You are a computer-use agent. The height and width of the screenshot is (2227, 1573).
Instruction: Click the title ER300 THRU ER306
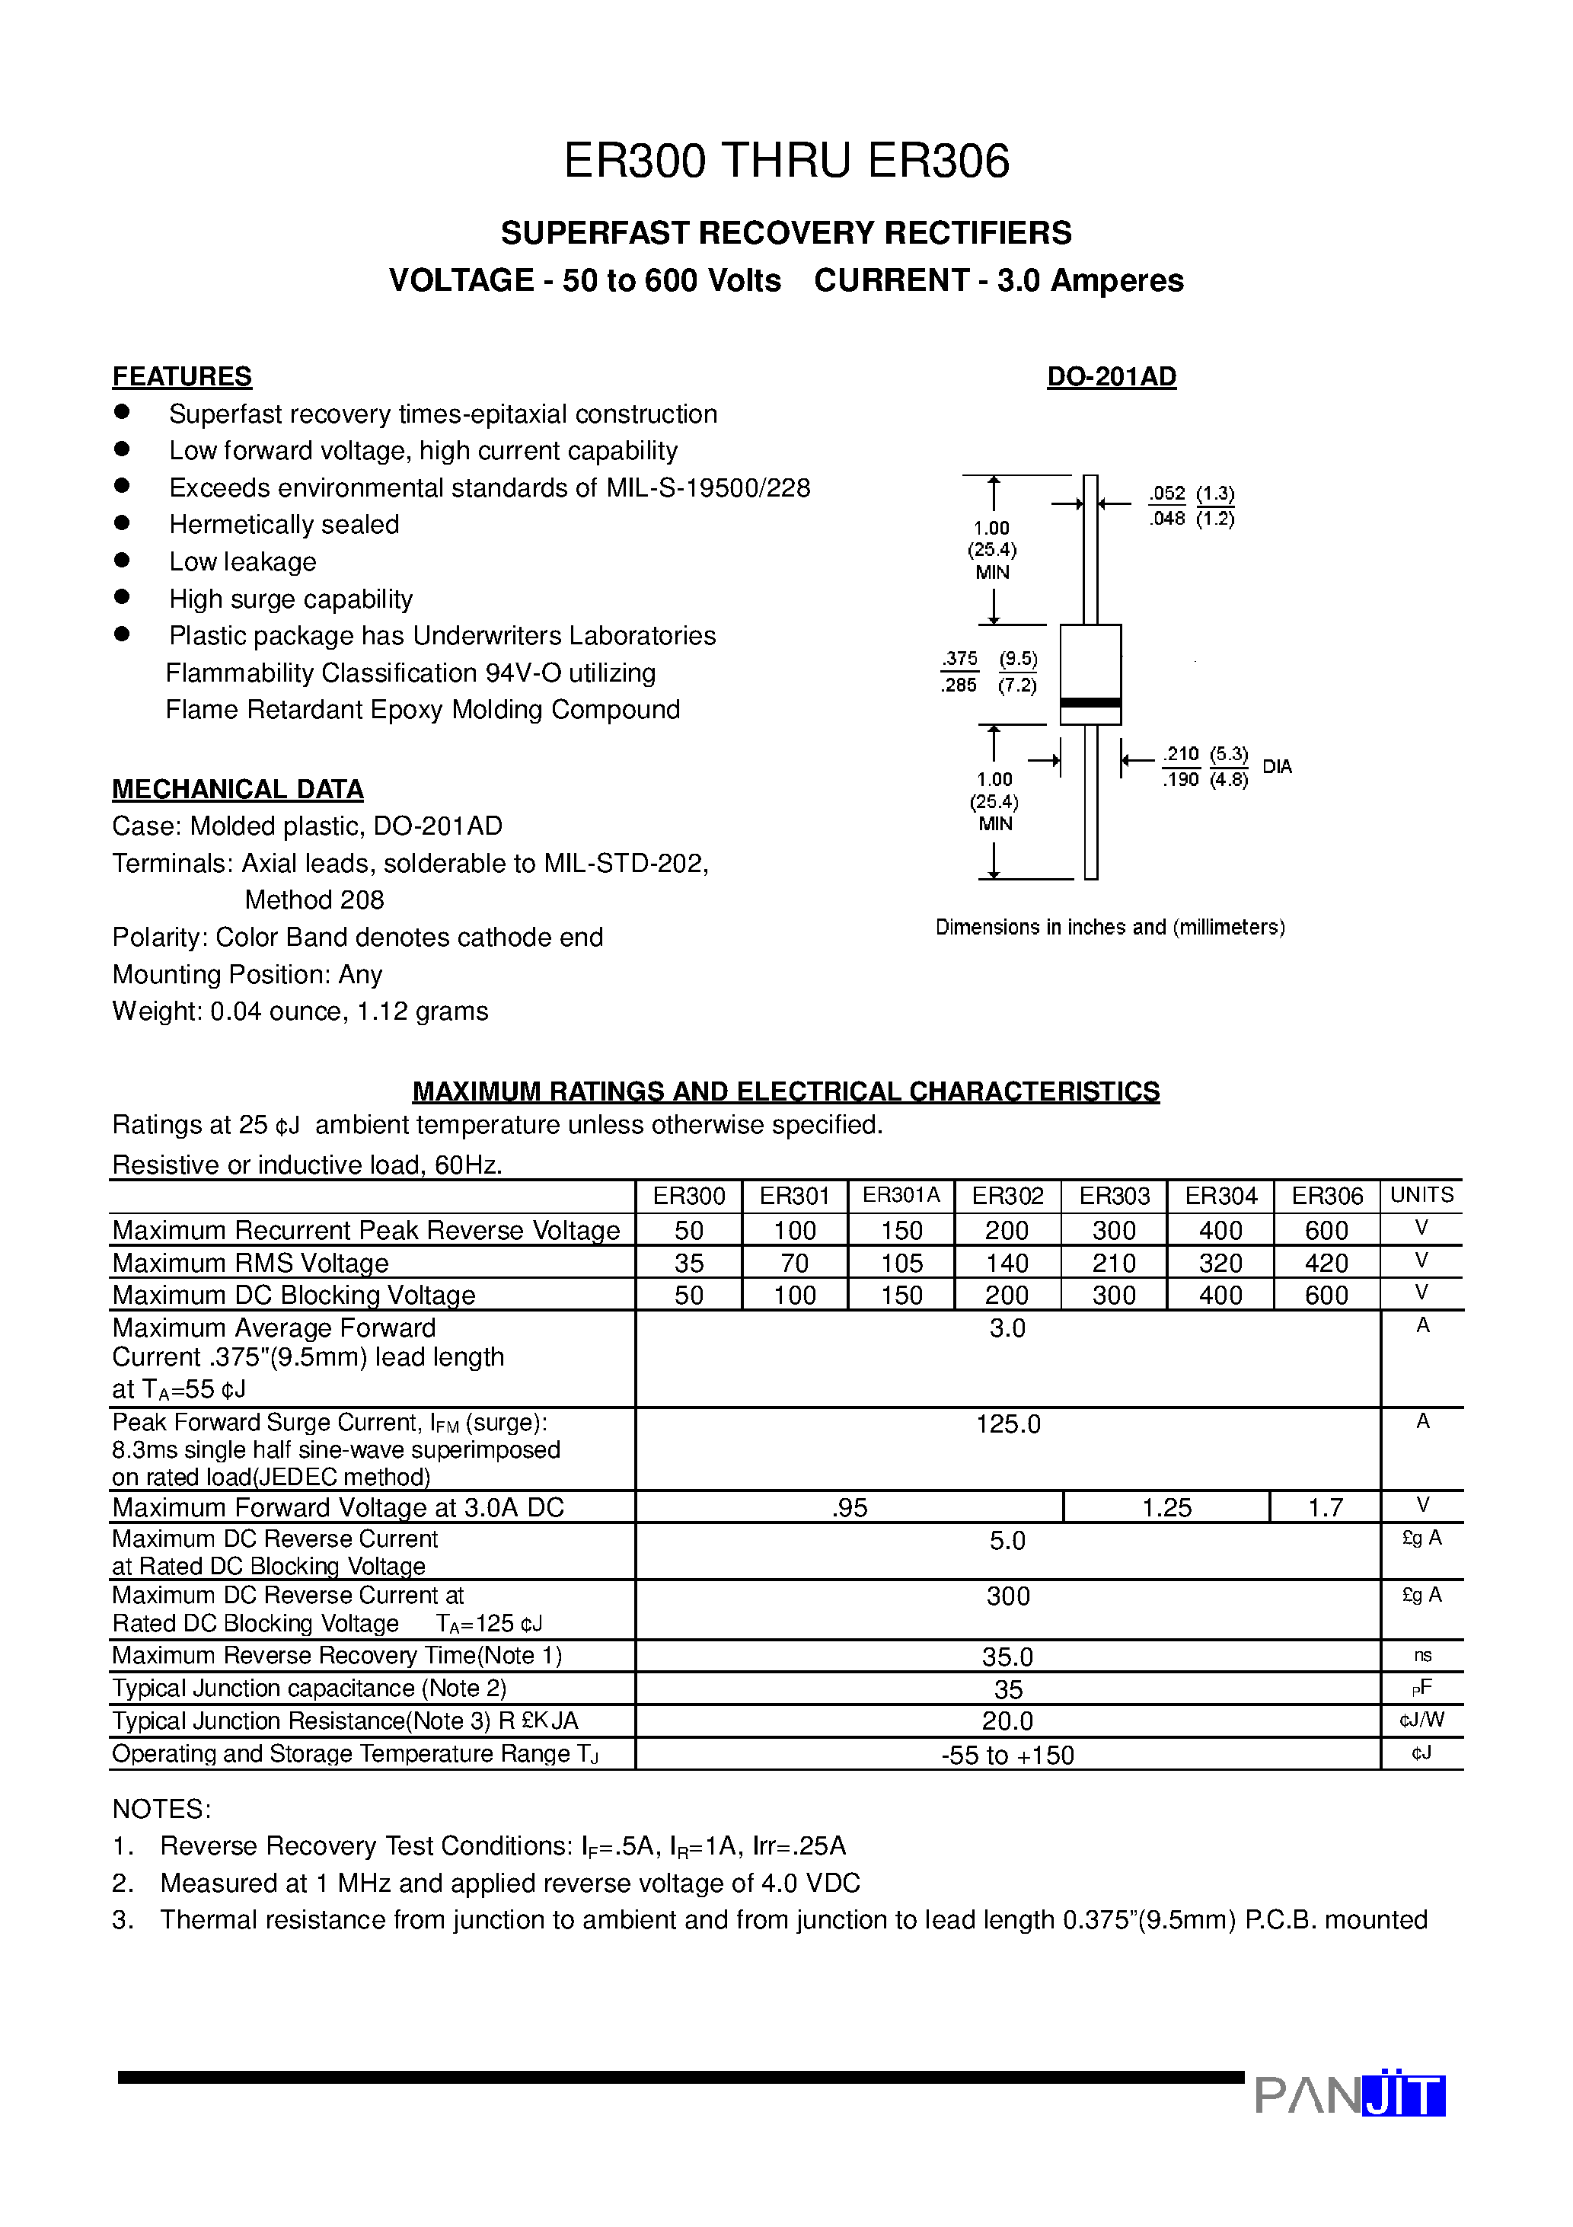[786, 161]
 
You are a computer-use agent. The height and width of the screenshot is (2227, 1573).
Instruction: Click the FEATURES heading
[181, 376]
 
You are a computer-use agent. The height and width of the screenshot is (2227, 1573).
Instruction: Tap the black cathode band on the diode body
[1090, 702]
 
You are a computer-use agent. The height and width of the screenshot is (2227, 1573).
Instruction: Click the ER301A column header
[901, 1195]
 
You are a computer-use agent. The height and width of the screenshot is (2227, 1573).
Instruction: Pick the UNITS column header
[1421, 1195]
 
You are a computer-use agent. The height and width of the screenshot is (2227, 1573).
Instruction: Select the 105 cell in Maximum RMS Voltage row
[901, 1263]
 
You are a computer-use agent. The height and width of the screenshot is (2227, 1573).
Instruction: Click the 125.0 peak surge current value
[1007, 1424]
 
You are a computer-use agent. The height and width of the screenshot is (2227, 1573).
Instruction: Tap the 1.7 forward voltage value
[1325, 1507]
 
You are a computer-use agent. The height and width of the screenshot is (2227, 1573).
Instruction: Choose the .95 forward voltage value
[850, 1507]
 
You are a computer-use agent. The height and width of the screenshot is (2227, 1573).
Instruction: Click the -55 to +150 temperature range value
[1007, 1755]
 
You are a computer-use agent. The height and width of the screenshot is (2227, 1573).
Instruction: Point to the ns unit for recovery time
[1421, 1656]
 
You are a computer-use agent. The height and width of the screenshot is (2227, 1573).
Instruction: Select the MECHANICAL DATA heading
[238, 790]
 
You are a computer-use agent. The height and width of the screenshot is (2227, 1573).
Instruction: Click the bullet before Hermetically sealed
[122, 522]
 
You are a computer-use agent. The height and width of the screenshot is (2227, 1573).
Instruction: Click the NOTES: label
[161, 1809]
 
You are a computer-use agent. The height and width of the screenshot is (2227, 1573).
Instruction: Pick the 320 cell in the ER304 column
[1220, 1263]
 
